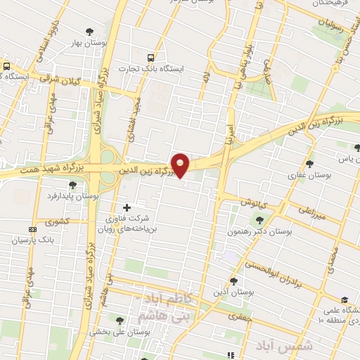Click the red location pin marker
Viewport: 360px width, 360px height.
coord(181,165)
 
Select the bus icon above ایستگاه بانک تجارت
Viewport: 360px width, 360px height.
coord(149,58)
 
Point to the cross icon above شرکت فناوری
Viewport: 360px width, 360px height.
coord(127,207)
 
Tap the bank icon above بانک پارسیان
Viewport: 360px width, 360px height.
coord(32,229)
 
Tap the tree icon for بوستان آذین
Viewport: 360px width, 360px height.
coord(234,279)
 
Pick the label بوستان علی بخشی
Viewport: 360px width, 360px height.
coord(115,331)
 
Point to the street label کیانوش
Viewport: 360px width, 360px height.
coord(250,202)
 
